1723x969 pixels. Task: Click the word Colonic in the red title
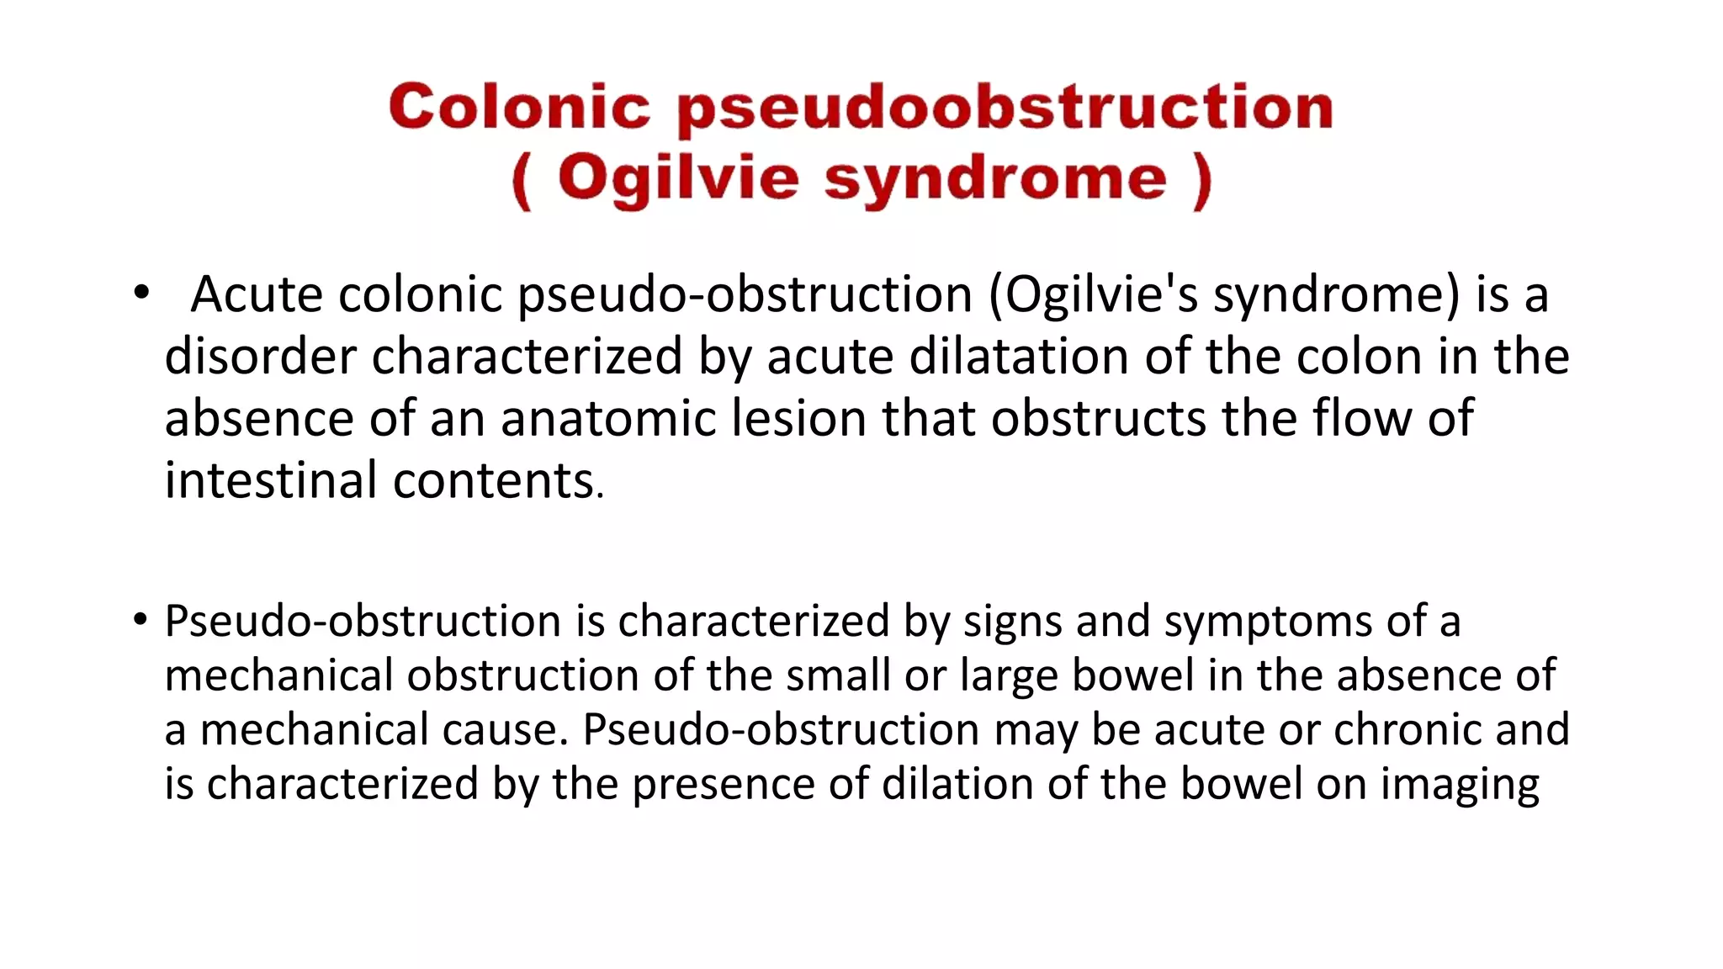point(519,108)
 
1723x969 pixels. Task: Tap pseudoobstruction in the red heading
point(1005,109)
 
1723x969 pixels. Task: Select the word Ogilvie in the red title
point(677,179)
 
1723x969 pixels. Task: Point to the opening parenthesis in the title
point(522,181)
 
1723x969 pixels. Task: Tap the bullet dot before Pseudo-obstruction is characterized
point(140,621)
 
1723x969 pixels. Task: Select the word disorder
point(260,356)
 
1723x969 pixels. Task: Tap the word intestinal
point(270,480)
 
